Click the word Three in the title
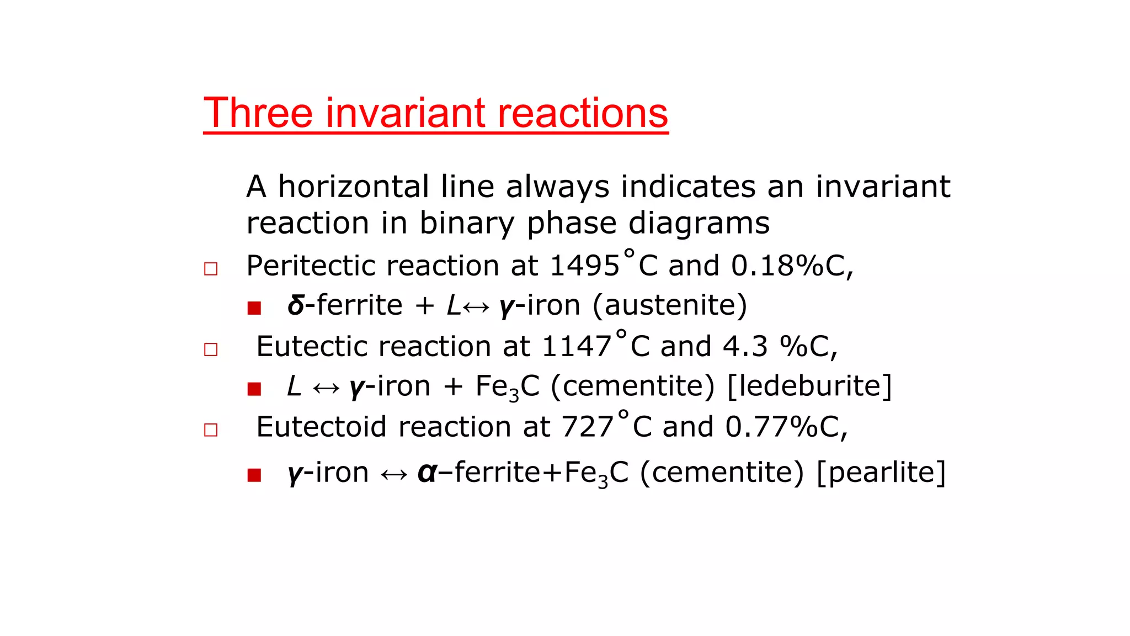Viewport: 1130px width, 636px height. click(259, 113)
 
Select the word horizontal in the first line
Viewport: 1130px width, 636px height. click(354, 187)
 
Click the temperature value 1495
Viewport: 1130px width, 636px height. click(585, 266)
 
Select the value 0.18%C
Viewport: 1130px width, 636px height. click(789, 266)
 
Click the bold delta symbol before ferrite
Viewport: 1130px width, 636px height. click(296, 305)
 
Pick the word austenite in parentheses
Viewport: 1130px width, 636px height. click(670, 305)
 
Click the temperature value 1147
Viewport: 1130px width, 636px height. click(577, 347)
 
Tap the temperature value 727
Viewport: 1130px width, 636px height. click(588, 427)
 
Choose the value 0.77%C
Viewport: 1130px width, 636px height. click(783, 427)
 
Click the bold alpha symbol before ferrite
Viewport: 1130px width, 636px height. click(426, 473)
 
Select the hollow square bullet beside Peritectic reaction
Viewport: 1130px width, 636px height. click(211, 269)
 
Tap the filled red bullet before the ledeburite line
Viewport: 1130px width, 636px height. click(254, 389)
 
